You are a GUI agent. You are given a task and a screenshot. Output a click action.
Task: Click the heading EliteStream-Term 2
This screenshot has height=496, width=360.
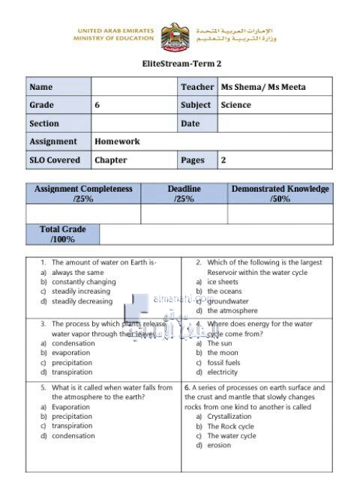[181, 64]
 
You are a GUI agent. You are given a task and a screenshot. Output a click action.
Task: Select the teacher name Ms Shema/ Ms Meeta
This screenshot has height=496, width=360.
[263, 87]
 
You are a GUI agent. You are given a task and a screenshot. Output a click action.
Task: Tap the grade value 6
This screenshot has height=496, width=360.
[97, 106]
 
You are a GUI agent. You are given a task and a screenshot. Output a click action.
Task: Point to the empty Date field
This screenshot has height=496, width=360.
[274, 124]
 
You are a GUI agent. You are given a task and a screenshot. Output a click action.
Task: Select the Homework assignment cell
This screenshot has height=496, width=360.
[117, 142]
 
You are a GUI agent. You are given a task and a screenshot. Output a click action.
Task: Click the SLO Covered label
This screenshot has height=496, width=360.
[55, 160]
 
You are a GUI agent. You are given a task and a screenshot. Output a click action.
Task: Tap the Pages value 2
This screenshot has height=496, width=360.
[223, 160]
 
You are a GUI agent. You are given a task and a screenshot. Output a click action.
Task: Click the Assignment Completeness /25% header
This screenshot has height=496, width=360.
[83, 194]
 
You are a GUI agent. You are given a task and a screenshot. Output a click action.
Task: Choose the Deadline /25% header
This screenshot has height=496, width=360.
[184, 194]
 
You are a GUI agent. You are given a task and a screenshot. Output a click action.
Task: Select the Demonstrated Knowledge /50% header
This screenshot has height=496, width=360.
[280, 194]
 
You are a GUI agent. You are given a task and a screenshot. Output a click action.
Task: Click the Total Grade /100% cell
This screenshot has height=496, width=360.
[62, 235]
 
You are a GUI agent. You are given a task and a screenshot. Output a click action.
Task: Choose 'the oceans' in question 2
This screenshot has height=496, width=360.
[224, 291]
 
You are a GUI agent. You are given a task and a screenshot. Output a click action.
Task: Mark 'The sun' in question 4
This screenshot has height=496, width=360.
[220, 343]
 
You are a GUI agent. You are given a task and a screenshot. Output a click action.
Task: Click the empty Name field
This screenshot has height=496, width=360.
[133, 87]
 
